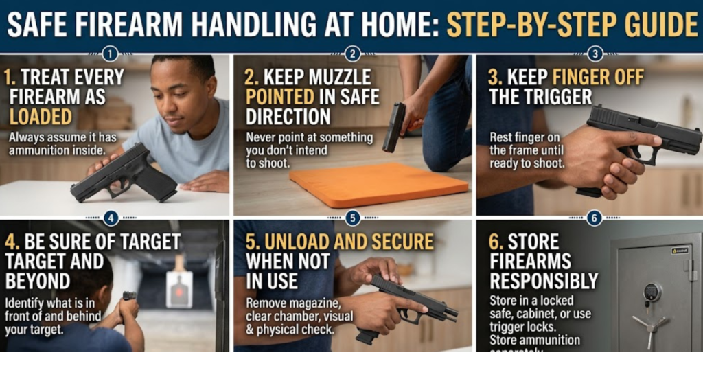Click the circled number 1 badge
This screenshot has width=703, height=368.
[x=109, y=54]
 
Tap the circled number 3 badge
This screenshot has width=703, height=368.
[x=595, y=54]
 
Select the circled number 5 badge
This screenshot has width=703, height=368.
[x=352, y=218]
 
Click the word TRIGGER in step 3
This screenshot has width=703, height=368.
[x=540, y=97]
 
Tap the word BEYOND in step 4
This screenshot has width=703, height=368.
[x=37, y=281]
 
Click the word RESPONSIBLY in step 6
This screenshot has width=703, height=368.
[x=544, y=281]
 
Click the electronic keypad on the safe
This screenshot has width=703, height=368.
[x=652, y=292]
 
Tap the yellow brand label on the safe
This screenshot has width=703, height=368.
[x=680, y=251]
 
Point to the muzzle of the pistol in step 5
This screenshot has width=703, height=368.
[x=452, y=314]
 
